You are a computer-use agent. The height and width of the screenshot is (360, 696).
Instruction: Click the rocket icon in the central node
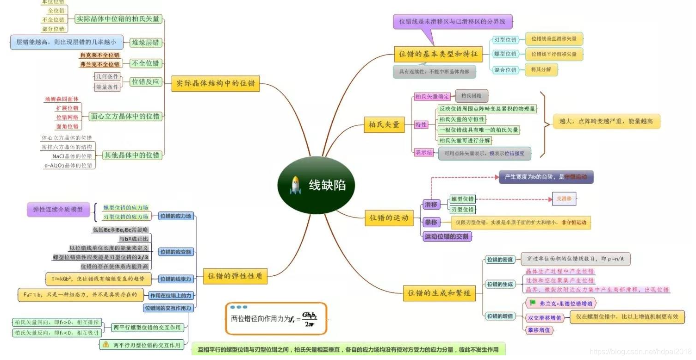(x=295, y=186)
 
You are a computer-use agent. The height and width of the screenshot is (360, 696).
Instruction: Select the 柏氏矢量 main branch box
(x=384, y=125)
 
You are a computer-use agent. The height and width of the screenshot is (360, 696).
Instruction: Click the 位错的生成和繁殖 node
(x=439, y=293)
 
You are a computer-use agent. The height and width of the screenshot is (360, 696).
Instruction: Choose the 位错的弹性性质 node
(x=235, y=276)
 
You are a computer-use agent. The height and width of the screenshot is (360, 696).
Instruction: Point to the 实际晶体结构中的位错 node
(x=215, y=84)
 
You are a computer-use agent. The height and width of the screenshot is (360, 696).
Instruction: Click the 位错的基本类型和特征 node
(x=438, y=54)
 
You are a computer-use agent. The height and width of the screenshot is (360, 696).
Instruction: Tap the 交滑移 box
(x=564, y=199)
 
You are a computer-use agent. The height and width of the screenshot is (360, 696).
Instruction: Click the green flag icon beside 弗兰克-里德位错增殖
(x=533, y=303)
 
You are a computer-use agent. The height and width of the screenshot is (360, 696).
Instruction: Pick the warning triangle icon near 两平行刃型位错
(x=106, y=345)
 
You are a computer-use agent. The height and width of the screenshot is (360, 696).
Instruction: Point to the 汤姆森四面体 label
(x=62, y=99)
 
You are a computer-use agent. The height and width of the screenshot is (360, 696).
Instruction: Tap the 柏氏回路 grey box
(x=472, y=96)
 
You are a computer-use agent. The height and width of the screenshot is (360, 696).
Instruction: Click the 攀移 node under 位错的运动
(x=431, y=223)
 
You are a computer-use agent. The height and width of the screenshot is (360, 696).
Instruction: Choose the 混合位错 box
(x=504, y=70)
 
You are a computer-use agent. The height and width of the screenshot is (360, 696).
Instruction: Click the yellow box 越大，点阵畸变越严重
(x=606, y=121)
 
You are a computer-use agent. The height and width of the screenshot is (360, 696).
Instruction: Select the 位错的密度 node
(x=499, y=260)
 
